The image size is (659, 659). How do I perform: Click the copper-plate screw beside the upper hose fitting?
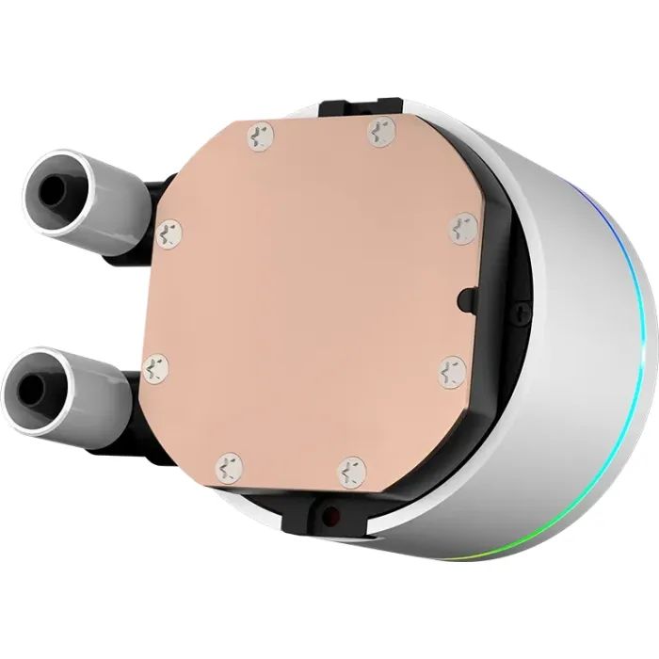pyautogui.click(x=171, y=231)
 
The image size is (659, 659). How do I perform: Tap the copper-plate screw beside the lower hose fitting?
pyautogui.click(x=156, y=367)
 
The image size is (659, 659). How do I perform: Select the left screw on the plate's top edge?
pyautogui.click(x=259, y=137)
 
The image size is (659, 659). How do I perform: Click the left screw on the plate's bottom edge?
pyautogui.click(x=229, y=465)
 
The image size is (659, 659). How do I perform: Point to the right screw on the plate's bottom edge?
pyautogui.click(x=352, y=471)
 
